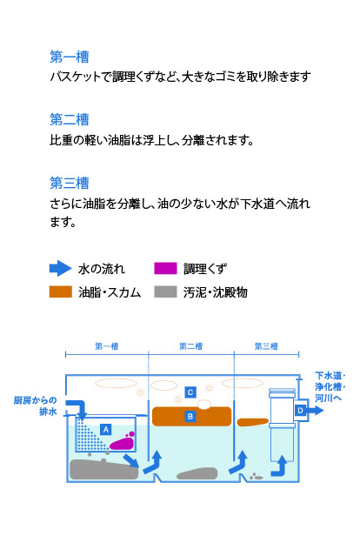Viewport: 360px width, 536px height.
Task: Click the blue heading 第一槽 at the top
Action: click(70, 57)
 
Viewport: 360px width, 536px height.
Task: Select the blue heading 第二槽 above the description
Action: click(70, 120)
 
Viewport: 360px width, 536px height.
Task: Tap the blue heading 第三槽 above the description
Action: click(70, 183)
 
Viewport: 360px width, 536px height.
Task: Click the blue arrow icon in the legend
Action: click(61, 268)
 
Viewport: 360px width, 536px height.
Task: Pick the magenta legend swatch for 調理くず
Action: click(165, 268)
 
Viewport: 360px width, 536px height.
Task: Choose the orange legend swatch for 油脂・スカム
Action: click(61, 292)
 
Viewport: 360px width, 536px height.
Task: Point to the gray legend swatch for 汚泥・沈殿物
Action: click(165, 292)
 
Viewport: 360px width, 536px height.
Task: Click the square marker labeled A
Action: click(106, 429)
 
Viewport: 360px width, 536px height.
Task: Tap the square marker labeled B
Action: click(190, 416)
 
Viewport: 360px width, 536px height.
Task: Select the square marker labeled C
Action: click(190, 392)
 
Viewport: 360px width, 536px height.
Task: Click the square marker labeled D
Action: click(300, 410)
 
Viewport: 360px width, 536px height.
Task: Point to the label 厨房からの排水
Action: click(36, 405)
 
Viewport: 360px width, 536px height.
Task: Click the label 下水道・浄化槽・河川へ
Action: click(330, 386)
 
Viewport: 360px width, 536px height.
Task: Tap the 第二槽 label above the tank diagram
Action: click(191, 346)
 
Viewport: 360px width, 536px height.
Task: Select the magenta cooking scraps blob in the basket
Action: click(123, 442)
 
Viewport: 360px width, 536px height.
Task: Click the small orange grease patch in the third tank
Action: click(252, 422)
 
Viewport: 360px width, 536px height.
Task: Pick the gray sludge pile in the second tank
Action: click(197, 473)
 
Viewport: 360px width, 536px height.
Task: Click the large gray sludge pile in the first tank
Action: click(104, 469)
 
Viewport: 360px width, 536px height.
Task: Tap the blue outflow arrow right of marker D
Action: click(315, 410)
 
